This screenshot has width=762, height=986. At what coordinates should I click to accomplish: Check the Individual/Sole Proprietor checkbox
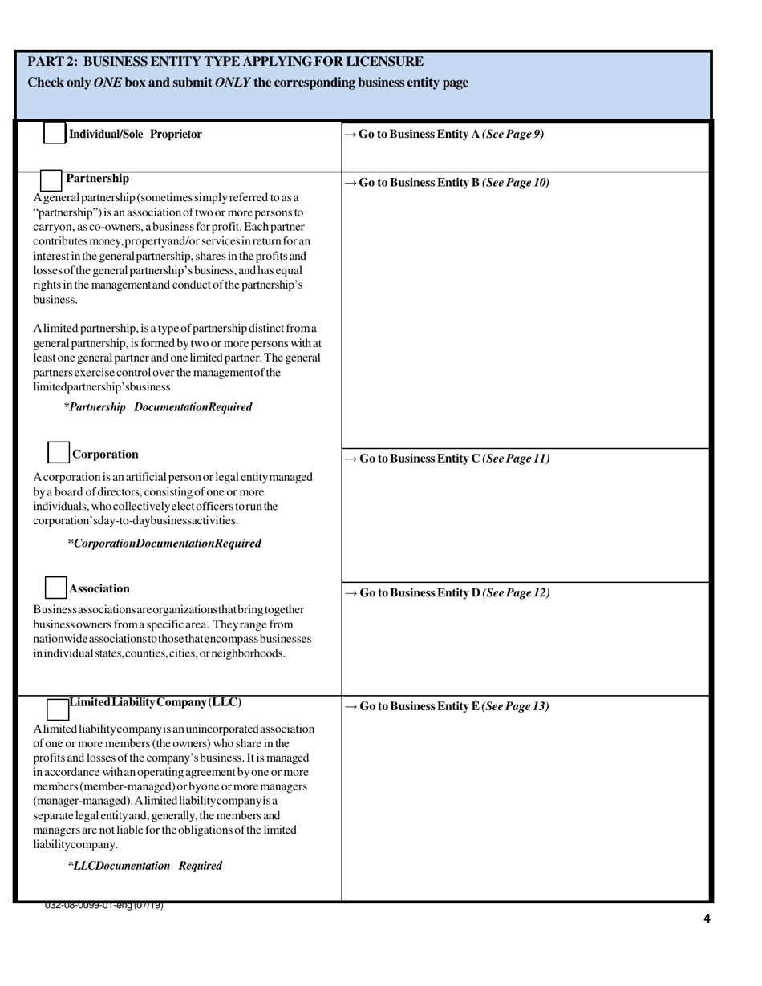pos(54,133)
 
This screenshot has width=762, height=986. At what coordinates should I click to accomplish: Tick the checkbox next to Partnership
pos(51,180)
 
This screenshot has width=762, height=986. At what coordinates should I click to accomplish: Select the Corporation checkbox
pos(59,452)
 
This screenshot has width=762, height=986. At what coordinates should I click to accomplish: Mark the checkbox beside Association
pos(55,588)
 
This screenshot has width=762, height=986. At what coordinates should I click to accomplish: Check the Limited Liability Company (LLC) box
pos(58,709)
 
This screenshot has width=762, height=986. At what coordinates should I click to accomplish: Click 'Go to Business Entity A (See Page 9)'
pos(444,135)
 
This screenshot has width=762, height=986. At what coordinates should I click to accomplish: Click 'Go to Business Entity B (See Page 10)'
pos(447,183)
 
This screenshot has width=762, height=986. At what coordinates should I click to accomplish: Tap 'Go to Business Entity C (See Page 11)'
pos(447,459)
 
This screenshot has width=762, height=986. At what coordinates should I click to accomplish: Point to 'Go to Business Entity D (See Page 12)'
pos(447,593)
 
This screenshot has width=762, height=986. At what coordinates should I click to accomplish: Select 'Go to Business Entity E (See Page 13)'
pos(447,706)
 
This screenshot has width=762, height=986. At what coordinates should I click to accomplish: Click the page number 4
pos(707,919)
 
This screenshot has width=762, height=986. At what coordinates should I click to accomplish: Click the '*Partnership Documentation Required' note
pos(158,407)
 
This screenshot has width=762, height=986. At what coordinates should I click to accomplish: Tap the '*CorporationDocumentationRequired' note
pos(164,544)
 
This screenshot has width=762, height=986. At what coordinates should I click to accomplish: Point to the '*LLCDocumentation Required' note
pos(145,866)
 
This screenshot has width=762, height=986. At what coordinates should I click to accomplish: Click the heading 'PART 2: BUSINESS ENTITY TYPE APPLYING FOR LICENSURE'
pos(225,62)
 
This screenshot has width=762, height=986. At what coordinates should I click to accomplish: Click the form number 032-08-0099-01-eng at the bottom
pos(104,906)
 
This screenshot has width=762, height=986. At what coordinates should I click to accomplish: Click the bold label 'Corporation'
pos(105,455)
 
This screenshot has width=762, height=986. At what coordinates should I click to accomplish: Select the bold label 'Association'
pos(99,588)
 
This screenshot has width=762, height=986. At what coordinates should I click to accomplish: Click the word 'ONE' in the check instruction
pos(107,83)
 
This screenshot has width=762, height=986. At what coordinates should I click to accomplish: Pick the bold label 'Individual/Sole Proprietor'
pos(136,135)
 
